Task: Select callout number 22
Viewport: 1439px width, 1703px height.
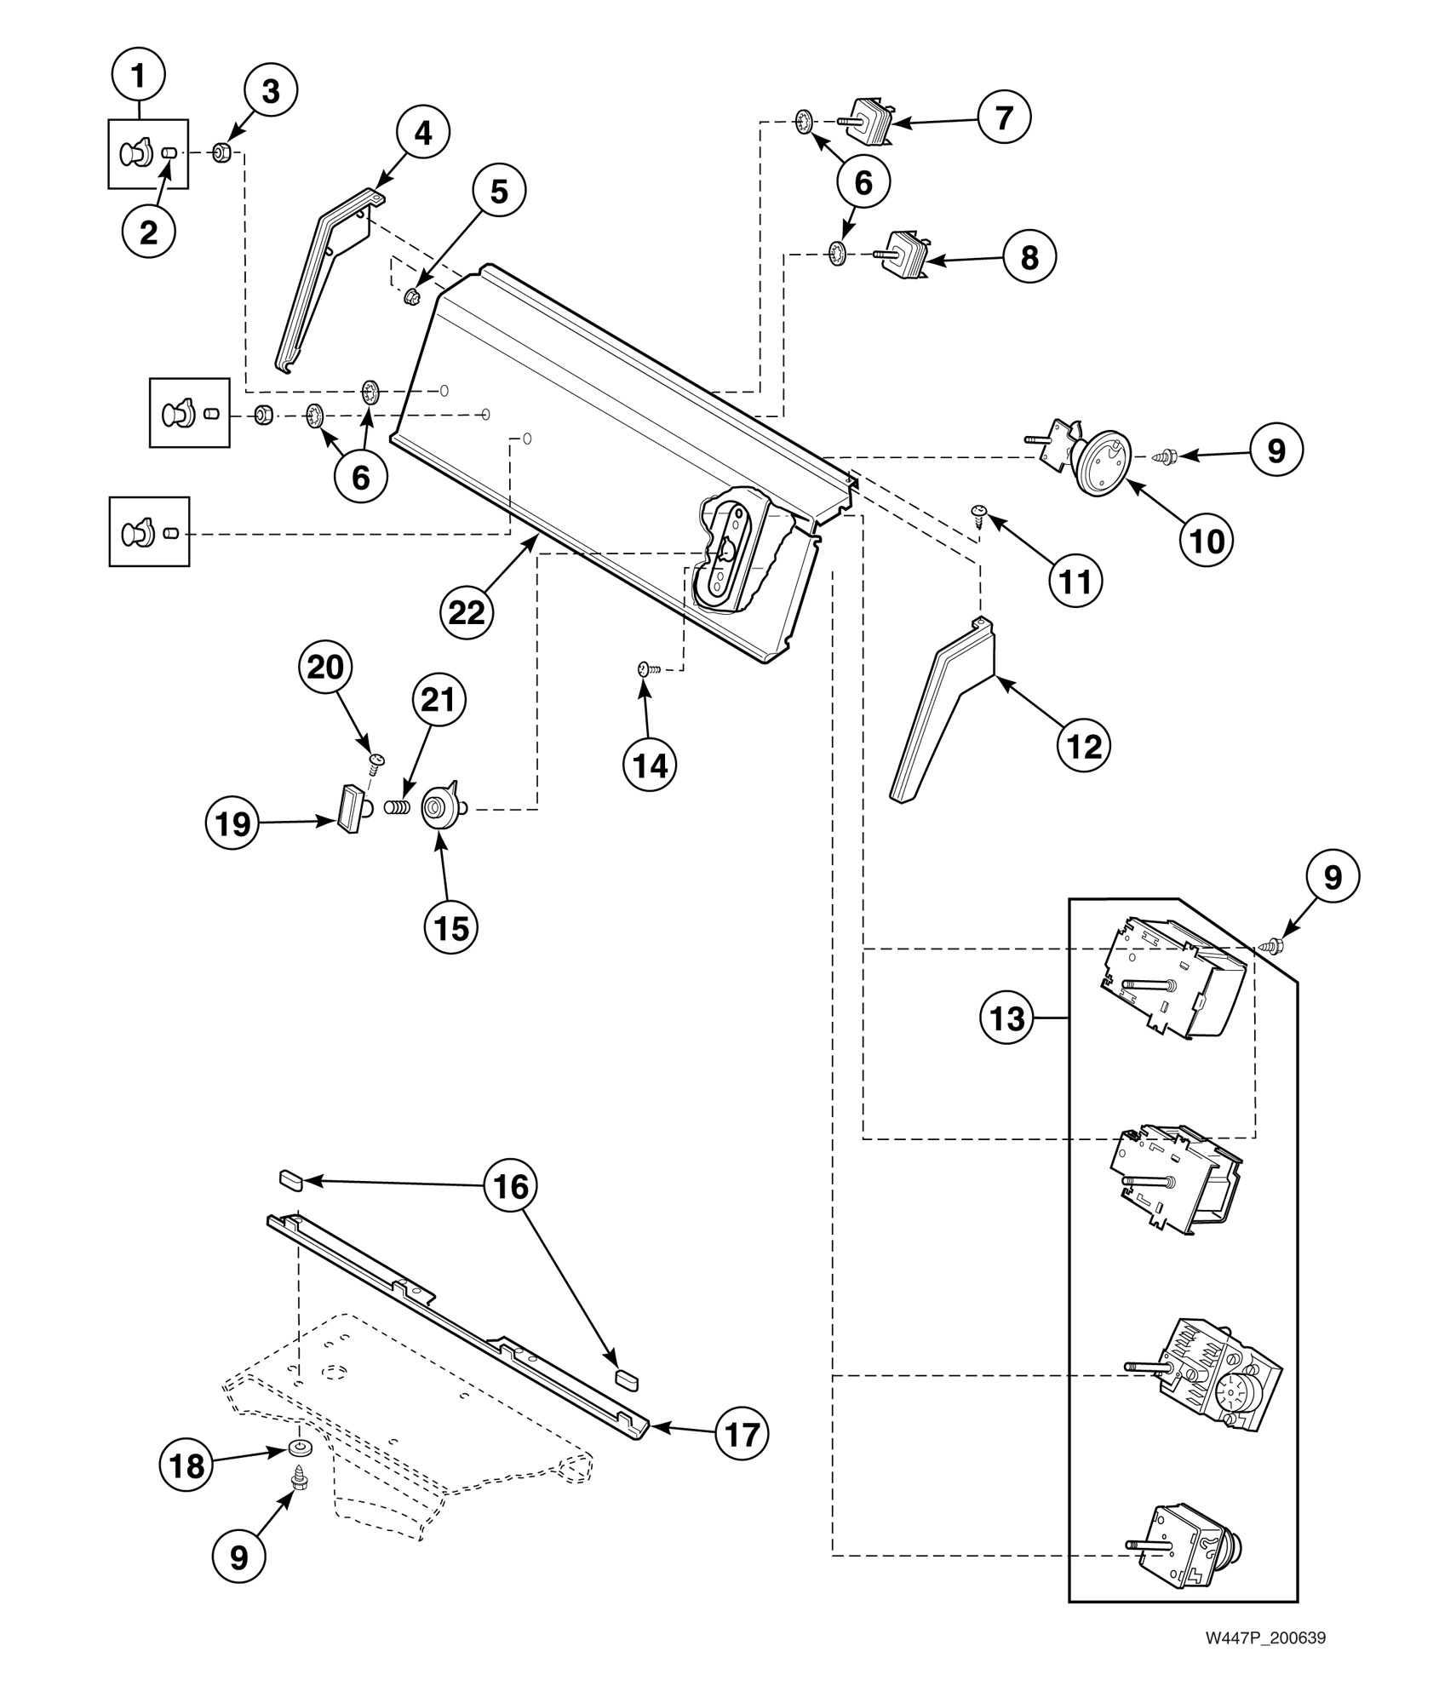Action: [x=467, y=611]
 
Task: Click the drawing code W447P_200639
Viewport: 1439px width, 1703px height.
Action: [x=1264, y=1661]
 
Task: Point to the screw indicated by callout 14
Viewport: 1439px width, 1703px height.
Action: [x=645, y=670]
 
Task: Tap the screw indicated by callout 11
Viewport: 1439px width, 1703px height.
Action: [x=980, y=511]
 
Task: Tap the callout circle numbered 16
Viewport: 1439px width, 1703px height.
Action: [x=512, y=1186]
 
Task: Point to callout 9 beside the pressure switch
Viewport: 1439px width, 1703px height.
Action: [x=1276, y=449]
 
